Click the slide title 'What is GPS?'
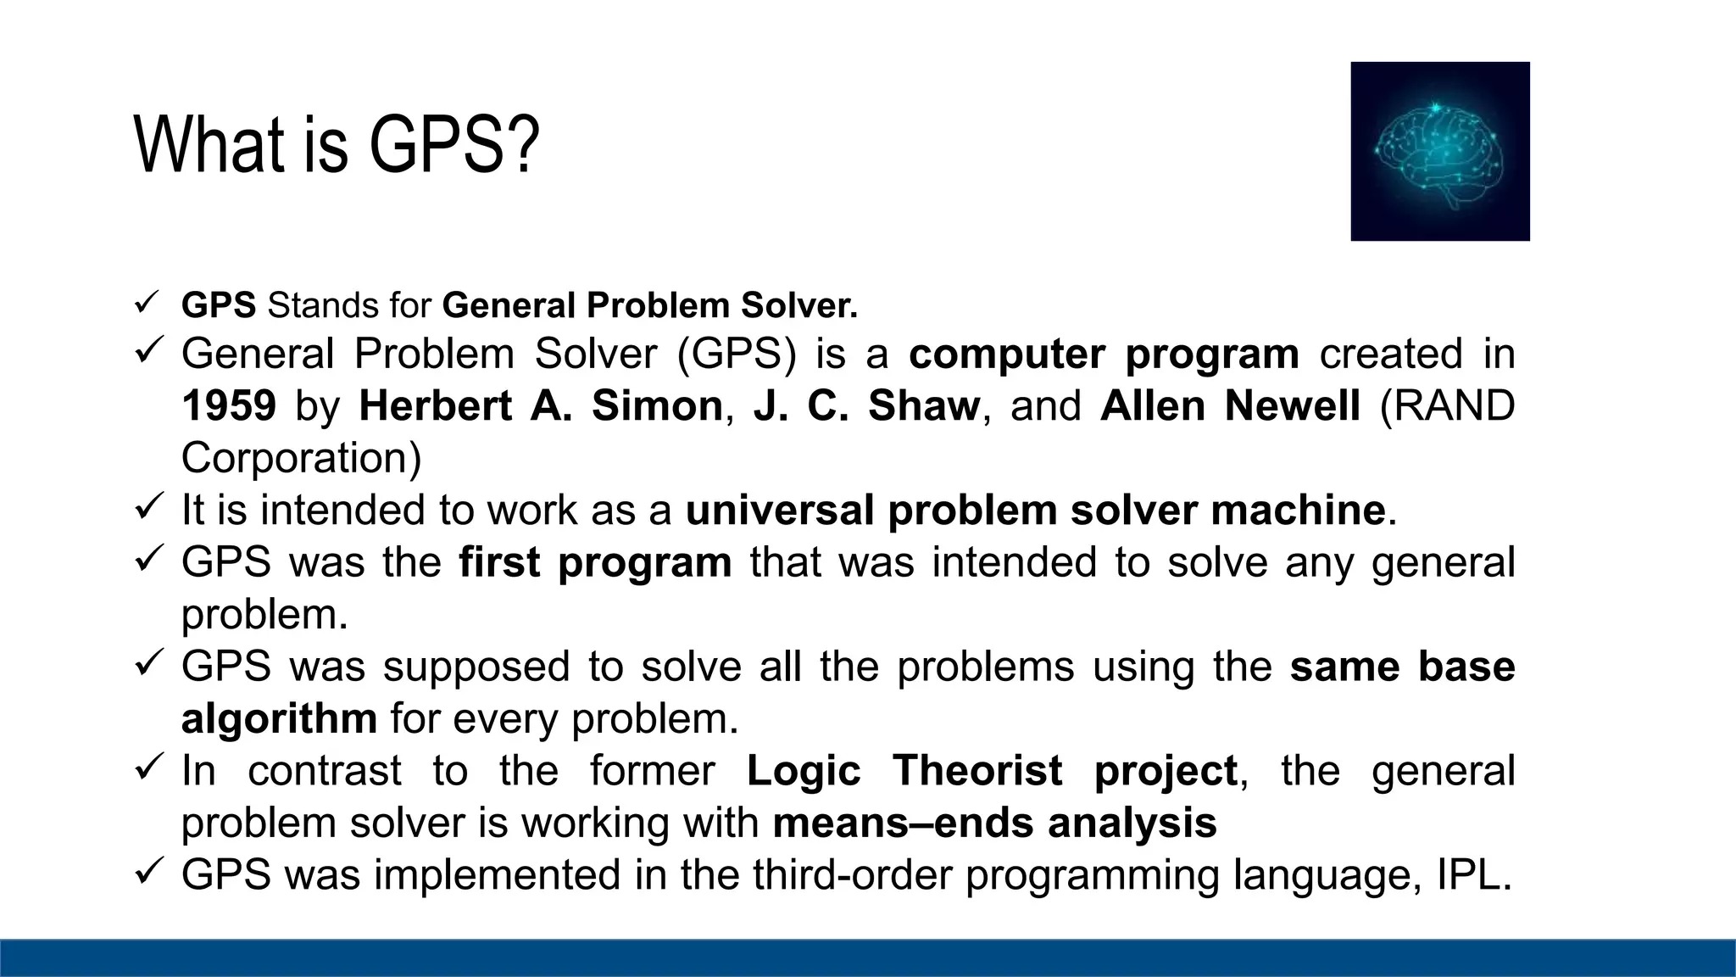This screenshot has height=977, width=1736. coord(337,145)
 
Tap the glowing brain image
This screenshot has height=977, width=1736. coord(1439,151)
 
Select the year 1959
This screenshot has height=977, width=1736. coord(229,405)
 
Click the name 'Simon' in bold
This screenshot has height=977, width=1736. coord(657,405)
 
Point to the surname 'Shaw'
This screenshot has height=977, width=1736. coord(924,405)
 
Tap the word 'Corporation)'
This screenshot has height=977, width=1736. coord(301,458)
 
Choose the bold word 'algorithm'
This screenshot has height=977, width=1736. coord(279,719)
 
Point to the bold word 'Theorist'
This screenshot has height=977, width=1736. coord(976,771)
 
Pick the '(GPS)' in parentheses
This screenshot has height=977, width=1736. coord(737,354)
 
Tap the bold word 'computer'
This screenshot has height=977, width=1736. coord(1007,354)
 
